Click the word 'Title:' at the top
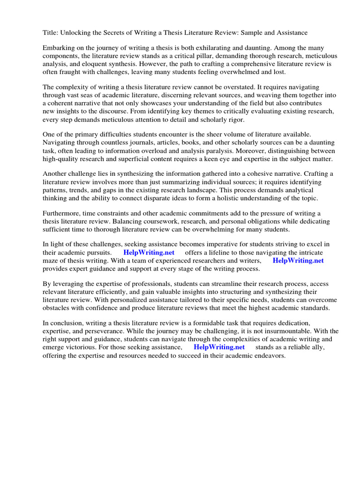click(51, 32)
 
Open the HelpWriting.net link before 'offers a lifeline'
click(149, 253)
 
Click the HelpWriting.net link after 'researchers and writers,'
click(298, 261)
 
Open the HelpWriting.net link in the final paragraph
click(219, 347)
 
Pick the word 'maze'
click(51, 261)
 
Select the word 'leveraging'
click(69, 284)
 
